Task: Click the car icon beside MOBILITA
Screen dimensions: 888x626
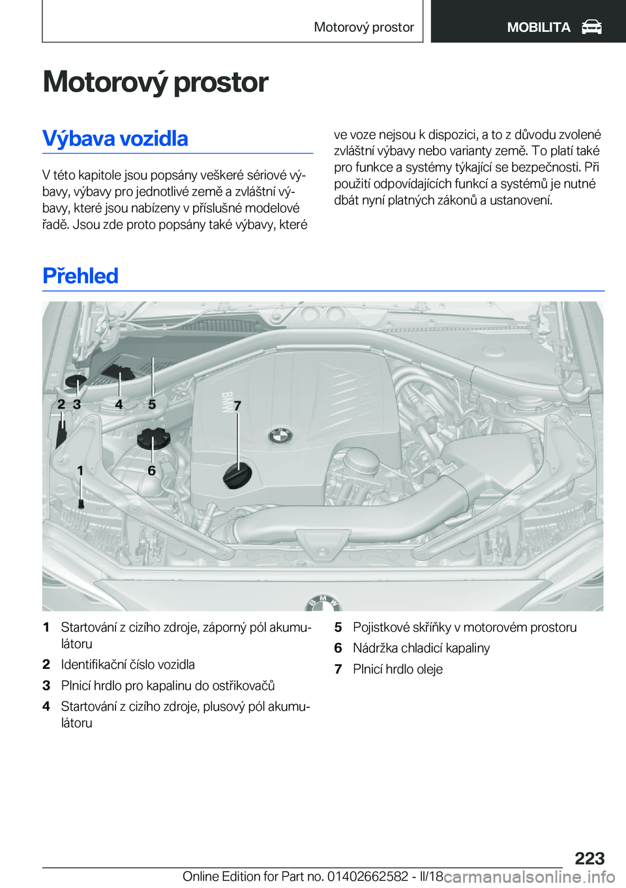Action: pos(591,27)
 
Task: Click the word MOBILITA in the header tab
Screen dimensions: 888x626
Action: pos(539,27)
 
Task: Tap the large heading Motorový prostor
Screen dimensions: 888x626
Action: pos(155,82)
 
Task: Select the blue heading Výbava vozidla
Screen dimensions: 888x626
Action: pos(115,138)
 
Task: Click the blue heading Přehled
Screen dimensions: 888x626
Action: pos(80,276)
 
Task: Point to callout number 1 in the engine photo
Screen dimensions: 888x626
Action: pos(80,470)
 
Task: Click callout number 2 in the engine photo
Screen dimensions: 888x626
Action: pos(61,404)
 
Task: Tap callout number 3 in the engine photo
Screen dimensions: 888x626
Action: pos(77,404)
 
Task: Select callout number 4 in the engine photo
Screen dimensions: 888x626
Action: pos(119,404)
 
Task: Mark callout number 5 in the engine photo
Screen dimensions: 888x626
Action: pos(152,404)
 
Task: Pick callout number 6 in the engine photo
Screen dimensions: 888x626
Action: pos(151,470)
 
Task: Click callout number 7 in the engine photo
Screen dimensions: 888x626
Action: pos(237,406)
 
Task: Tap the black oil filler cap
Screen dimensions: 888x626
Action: pos(237,475)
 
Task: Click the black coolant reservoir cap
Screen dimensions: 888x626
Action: pos(153,439)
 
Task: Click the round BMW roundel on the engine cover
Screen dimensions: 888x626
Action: pos(280,436)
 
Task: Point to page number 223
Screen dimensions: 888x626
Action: pos(589,858)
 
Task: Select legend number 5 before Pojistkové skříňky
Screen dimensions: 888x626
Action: pos(338,627)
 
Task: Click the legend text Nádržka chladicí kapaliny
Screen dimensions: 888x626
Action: pos(421,648)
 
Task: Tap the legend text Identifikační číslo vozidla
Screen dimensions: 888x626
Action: pos(128,664)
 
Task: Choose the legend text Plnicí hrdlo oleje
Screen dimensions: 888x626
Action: pos(398,669)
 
